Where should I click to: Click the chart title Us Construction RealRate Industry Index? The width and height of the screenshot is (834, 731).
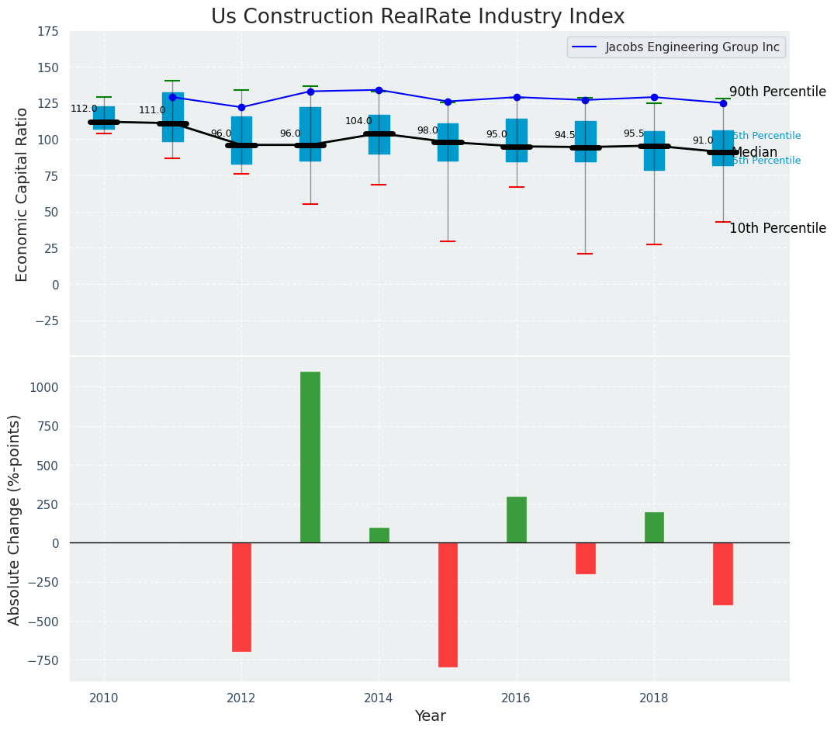tap(417, 17)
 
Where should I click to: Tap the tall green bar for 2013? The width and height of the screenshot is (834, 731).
tap(310, 457)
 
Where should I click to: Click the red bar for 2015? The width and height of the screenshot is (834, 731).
tap(448, 605)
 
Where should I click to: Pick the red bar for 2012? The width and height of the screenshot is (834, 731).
tap(241, 597)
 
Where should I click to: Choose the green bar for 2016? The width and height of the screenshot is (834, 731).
tap(517, 519)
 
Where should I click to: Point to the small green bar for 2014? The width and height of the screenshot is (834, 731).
tap(379, 535)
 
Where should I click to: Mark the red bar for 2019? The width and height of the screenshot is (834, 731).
tap(723, 573)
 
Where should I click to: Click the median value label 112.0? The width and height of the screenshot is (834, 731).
tap(84, 109)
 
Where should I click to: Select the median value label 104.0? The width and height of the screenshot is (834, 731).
tap(358, 121)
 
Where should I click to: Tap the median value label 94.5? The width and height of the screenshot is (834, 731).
tap(565, 135)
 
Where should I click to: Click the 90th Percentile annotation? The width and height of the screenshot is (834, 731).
tap(777, 92)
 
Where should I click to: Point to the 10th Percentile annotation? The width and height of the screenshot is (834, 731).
tap(777, 228)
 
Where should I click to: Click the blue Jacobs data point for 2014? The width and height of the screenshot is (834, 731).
tap(379, 90)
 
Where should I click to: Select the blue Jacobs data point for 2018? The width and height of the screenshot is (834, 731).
tap(654, 97)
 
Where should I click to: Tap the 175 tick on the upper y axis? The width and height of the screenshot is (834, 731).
tap(47, 32)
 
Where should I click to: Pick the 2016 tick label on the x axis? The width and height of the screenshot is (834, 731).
tap(516, 698)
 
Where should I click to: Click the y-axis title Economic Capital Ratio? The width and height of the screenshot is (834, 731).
tap(22, 194)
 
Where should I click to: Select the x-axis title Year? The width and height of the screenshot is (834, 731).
tap(430, 716)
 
